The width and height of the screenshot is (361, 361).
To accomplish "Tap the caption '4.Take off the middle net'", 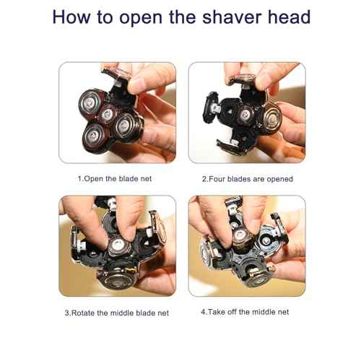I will point(247,313).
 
